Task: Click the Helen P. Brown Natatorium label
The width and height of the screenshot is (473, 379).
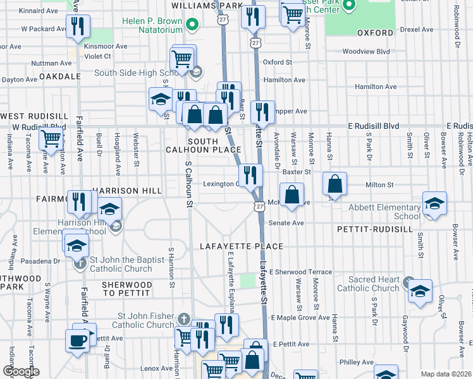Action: pos(152,22)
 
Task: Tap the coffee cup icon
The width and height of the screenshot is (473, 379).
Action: pos(77,340)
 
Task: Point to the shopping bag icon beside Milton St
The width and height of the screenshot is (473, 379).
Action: pos(335,184)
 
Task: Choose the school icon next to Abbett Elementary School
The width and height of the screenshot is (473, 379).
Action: pos(434,203)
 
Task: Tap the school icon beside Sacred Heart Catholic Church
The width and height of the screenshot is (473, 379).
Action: pos(420,291)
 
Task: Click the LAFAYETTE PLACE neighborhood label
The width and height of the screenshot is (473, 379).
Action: pos(240,246)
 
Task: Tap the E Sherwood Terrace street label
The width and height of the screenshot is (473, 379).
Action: pos(300,272)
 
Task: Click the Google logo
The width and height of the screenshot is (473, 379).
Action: pos(20,371)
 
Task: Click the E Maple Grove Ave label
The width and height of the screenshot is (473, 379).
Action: pos(300,317)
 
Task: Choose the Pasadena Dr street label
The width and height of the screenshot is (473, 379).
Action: pos(39,260)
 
